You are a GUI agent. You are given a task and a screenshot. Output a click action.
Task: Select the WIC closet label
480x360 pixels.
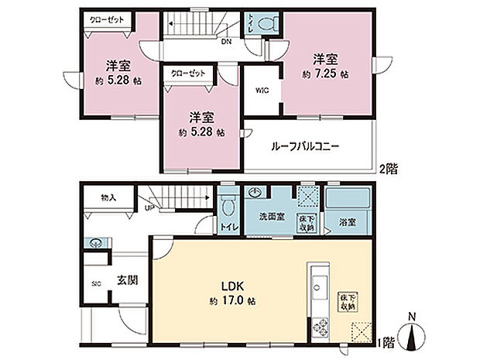pyautogui.click(x=261, y=90)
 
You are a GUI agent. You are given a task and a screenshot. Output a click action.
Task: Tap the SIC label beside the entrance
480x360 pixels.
pyautogui.click(x=97, y=284)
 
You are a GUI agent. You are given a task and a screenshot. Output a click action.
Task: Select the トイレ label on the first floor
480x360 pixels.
pyautogui.click(x=228, y=228)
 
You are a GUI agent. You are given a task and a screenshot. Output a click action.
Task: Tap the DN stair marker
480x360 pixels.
pyautogui.click(x=225, y=42)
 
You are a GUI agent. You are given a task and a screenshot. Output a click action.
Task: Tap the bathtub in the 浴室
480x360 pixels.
pyautogui.click(x=348, y=201)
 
